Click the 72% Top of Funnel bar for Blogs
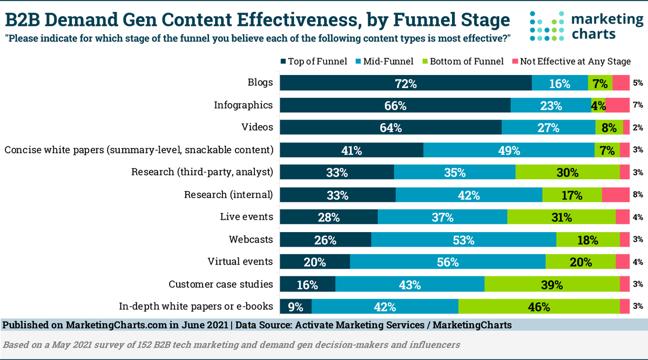coord(406,83)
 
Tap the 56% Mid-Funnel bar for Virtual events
coord(448,262)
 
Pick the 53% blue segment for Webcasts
coord(463,240)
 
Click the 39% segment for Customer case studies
coord(552,284)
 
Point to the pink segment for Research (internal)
coord(616,195)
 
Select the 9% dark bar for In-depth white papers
coord(295,307)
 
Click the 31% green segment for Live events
coord(561,217)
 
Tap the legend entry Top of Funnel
coord(313,61)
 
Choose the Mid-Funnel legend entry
coord(384,61)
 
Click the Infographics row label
coord(243,105)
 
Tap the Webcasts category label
coord(251,239)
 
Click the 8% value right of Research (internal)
coord(638,195)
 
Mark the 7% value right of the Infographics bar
coord(638,105)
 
